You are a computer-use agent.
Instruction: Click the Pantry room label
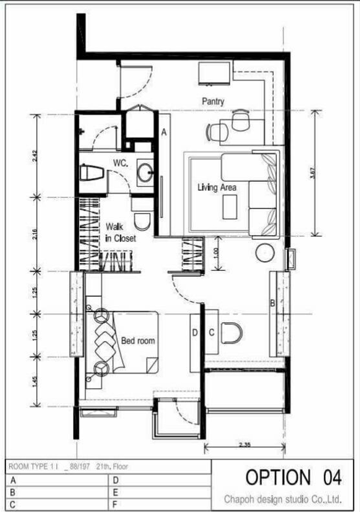click(213, 101)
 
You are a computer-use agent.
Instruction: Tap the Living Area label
click(217, 188)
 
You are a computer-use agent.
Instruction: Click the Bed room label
click(138, 341)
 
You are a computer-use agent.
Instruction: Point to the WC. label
click(121, 163)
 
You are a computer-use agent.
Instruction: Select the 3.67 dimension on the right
click(312, 173)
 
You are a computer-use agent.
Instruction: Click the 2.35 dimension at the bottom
click(244, 445)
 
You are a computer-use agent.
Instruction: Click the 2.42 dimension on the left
click(35, 156)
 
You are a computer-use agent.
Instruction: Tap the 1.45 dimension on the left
click(35, 382)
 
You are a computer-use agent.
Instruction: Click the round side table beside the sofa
click(265, 253)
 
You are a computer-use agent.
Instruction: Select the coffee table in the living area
click(230, 207)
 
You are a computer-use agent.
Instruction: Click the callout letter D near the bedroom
click(195, 332)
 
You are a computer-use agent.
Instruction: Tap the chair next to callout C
click(231, 333)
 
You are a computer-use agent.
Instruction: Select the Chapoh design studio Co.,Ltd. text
click(283, 499)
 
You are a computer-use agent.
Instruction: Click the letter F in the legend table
click(115, 505)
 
